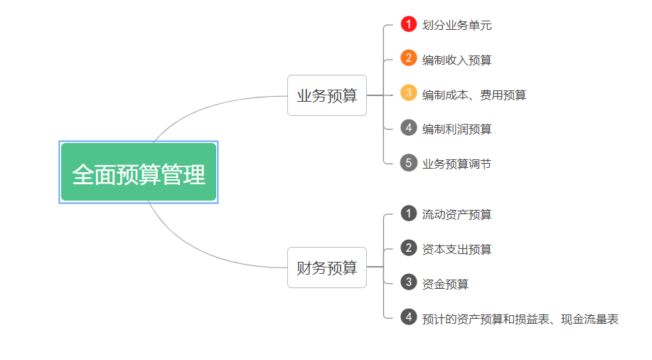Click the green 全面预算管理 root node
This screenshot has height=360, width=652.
point(139,172)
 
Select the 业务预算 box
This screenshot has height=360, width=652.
point(327,95)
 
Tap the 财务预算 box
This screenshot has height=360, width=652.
point(327,268)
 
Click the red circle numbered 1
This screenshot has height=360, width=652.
point(408,23)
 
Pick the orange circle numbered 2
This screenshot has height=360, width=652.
point(408,58)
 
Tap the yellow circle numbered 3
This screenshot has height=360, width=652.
point(408,92)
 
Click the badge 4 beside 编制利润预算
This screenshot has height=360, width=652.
point(408,128)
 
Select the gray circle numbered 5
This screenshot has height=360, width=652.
point(408,163)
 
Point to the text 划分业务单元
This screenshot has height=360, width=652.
point(457,26)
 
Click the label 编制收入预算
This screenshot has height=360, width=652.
point(457,60)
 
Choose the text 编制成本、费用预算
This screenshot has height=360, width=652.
point(474,95)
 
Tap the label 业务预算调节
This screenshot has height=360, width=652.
point(457,164)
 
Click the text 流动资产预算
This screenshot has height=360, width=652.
point(457,215)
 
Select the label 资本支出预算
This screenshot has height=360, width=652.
point(457,250)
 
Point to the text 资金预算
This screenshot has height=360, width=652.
point(445,285)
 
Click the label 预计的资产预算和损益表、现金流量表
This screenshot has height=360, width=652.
point(520,319)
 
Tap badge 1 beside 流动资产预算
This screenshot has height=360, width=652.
point(408,213)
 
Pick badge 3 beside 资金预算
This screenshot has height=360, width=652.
point(408,282)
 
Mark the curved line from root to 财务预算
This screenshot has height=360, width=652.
point(200,252)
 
